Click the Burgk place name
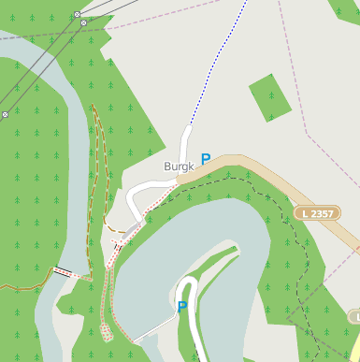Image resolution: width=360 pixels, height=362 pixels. point(179,167)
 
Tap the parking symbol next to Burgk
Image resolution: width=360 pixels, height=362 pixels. point(206,159)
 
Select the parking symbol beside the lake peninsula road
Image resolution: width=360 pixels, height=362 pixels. point(182,306)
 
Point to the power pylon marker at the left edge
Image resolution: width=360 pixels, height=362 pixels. point(5,114)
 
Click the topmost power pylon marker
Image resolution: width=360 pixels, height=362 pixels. point(77,15)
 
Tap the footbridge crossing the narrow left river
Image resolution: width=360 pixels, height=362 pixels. point(63,271)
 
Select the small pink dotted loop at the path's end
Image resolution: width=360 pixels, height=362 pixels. point(107,330)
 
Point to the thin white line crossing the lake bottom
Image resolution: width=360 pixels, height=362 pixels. point(154,332)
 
